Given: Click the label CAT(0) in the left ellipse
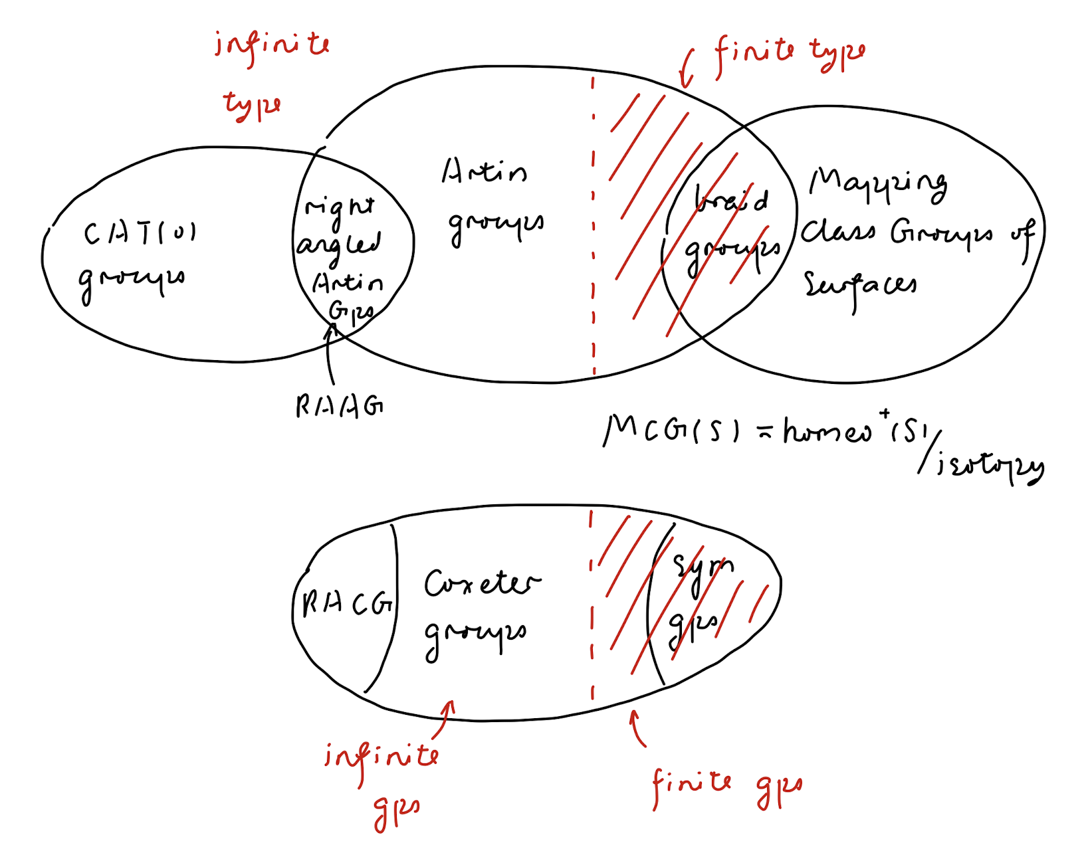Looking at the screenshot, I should tap(140, 234).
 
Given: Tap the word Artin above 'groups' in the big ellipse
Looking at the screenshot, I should tap(484, 171).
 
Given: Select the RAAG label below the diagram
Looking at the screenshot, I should tap(339, 405).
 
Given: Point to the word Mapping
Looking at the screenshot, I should tap(877, 183).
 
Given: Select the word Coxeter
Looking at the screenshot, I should tap(482, 583).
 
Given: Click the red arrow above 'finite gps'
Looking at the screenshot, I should tap(637, 728).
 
